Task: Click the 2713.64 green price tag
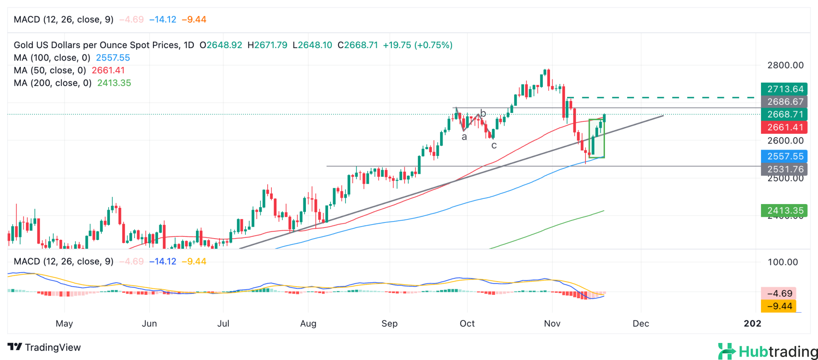point(784,89)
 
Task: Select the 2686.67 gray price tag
point(784,102)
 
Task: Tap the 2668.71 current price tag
point(784,114)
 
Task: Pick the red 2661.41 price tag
point(784,127)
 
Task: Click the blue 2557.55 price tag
point(784,156)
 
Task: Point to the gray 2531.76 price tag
point(784,169)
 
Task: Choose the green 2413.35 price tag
point(784,210)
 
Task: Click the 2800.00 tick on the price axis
point(785,65)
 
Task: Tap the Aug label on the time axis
point(308,323)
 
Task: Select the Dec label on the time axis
point(641,323)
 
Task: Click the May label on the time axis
point(64,323)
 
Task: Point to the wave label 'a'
point(464,137)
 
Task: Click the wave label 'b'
point(483,113)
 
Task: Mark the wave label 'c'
point(494,146)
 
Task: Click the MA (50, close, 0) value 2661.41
point(108,70)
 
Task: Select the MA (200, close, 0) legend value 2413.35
point(114,83)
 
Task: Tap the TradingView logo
point(44,347)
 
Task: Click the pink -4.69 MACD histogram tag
point(779,293)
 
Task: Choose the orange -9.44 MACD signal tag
point(779,306)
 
